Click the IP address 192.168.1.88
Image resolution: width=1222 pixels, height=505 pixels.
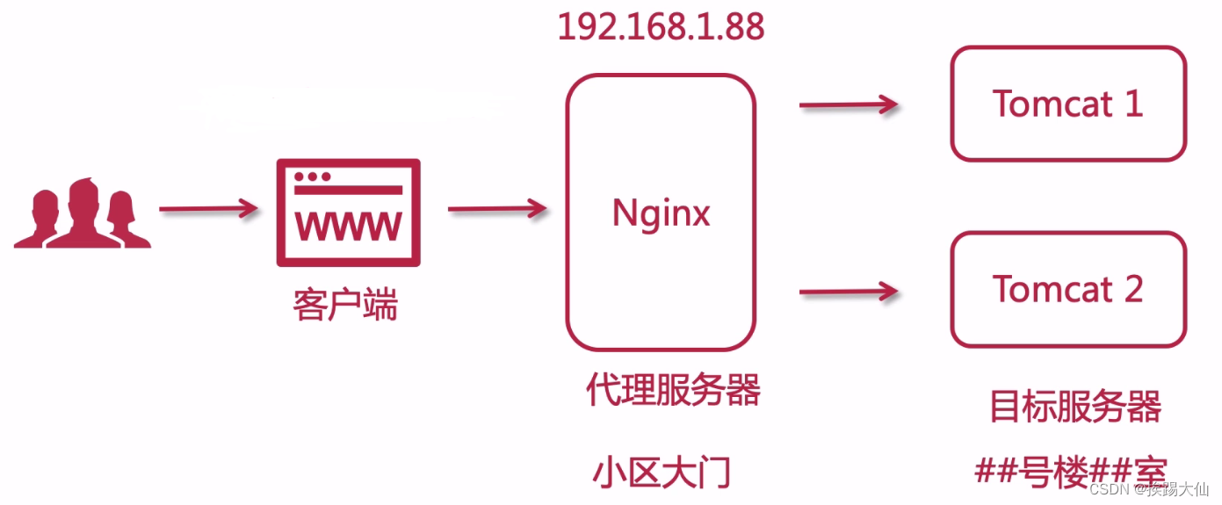click(x=661, y=27)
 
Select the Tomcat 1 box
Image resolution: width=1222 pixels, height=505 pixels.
click(x=1068, y=104)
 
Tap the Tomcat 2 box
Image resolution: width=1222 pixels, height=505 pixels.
click(x=1068, y=289)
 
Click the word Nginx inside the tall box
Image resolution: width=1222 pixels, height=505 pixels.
click(x=661, y=213)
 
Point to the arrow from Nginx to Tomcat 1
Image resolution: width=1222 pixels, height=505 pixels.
click(x=848, y=105)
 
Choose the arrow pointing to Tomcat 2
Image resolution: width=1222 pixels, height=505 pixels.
click(x=848, y=291)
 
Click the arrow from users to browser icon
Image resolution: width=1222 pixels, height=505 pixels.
click(x=208, y=210)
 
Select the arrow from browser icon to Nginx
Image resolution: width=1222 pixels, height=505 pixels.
click(x=497, y=209)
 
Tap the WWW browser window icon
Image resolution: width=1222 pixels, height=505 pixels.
click(x=348, y=213)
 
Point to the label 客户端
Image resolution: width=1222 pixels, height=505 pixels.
click(x=344, y=305)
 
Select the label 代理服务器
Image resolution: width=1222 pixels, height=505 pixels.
click(x=673, y=390)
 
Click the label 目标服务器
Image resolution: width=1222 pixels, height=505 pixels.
click(x=1075, y=407)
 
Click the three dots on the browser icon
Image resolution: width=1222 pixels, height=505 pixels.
click(x=312, y=177)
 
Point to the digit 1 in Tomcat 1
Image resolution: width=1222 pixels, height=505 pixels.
click(x=1132, y=104)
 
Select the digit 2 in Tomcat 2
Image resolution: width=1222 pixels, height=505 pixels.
click(x=1132, y=289)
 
